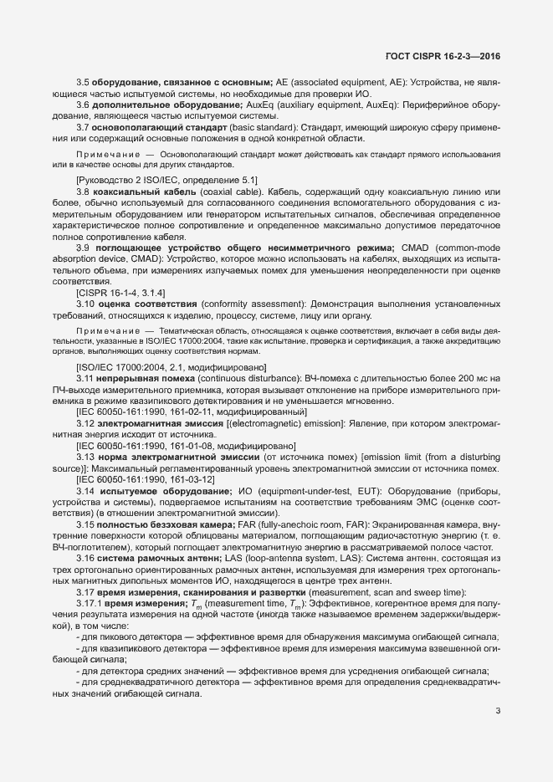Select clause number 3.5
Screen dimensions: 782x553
click(83, 82)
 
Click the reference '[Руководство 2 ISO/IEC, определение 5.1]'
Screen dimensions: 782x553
click(166, 181)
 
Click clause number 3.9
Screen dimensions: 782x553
click(83, 248)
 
